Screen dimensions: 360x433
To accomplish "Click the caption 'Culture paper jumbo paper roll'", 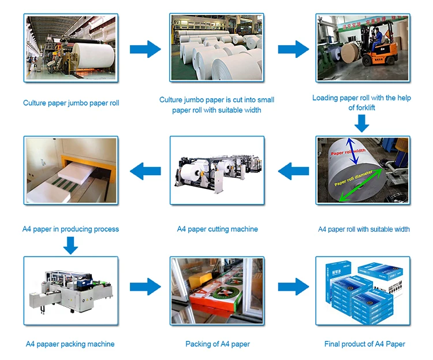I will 71,103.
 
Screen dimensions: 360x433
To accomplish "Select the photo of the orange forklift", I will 362,47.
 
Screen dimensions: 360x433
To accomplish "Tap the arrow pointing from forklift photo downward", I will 362,123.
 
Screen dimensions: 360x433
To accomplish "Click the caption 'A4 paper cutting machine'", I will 217,229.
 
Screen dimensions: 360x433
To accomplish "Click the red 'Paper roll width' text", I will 348,153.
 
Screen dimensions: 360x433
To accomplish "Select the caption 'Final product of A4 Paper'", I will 364,344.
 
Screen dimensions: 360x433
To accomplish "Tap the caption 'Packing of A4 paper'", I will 217,344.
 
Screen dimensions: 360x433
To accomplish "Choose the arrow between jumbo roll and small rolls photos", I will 145,49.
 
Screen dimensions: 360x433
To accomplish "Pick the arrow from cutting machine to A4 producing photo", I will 145,170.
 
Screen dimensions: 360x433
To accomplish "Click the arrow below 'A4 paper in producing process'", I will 70,246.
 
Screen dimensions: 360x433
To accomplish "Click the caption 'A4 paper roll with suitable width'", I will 364,229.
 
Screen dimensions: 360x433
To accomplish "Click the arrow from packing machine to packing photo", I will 145,286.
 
